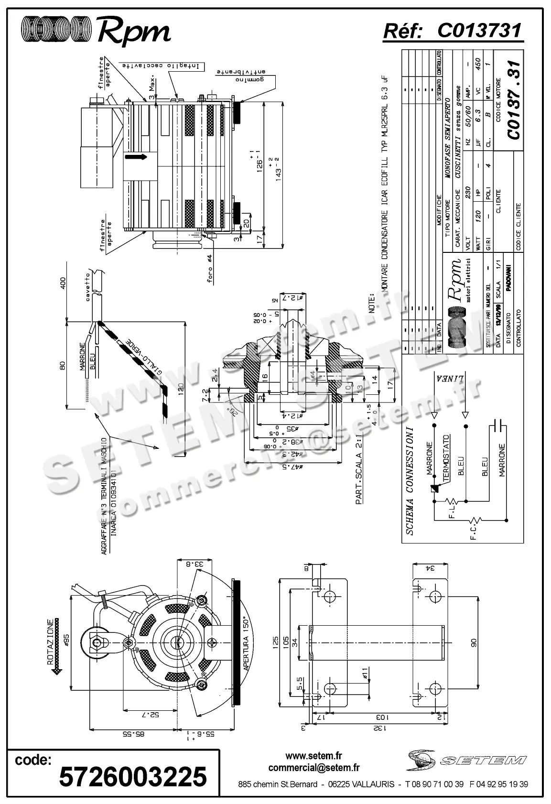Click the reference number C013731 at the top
pos(479,31)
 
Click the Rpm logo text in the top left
pos(133,32)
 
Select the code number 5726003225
pos(133,776)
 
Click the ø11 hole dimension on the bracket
pos(364,675)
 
